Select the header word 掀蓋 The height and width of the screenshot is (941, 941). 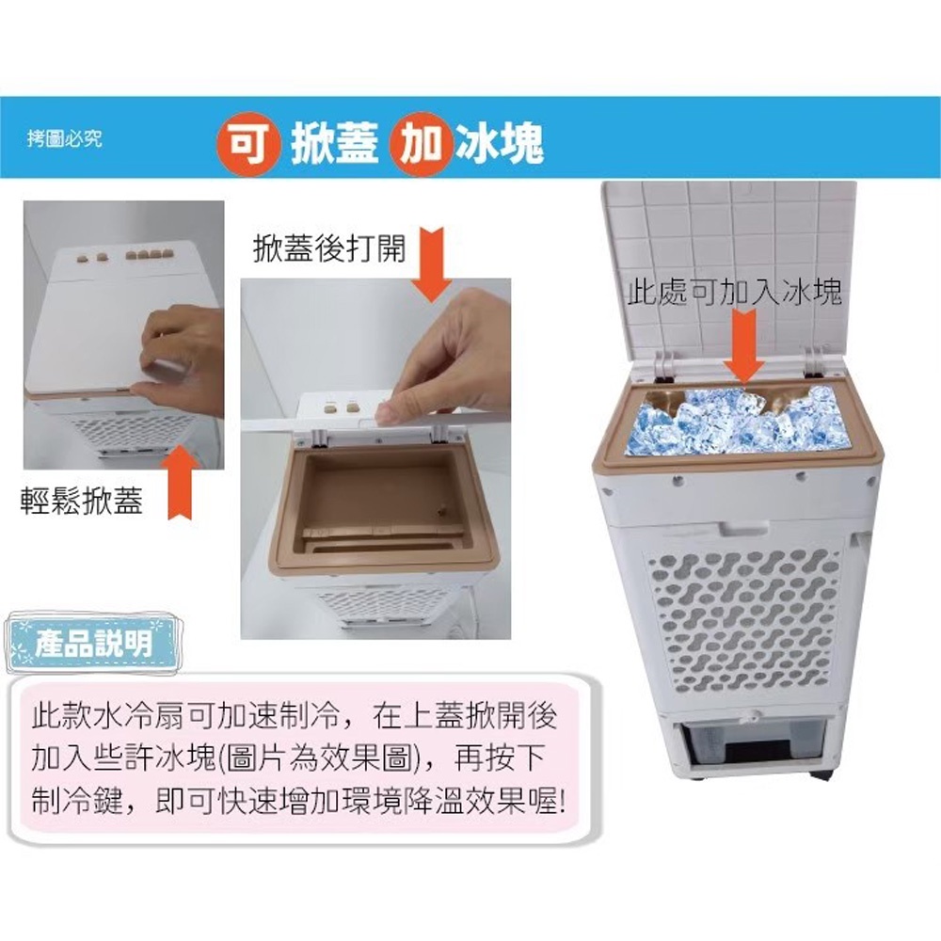pyautogui.click(x=335, y=143)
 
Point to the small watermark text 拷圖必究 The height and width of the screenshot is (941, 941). pyautogui.click(x=64, y=138)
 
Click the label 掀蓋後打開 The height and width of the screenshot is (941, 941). pyautogui.click(x=329, y=247)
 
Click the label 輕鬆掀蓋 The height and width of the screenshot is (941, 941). pyautogui.click(x=82, y=500)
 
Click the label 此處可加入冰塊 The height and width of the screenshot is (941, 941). pyautogui.click(x=734, y=293)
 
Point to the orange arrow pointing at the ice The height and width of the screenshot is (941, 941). pyautogui.click(x=743, y=347)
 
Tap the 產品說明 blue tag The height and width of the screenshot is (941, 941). pyautogui.click(x=93, y=643)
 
